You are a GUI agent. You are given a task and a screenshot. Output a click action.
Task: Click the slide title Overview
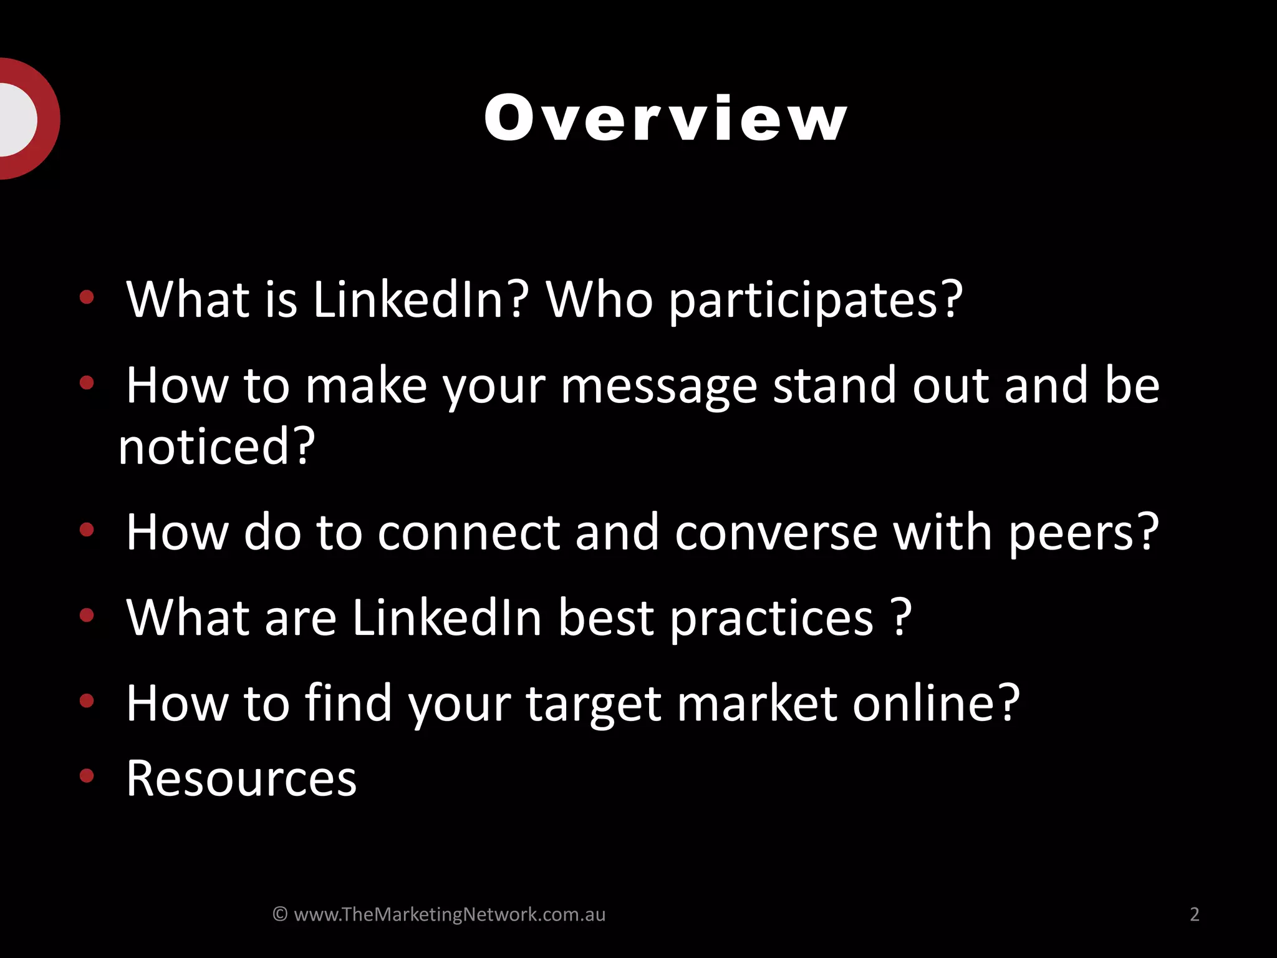pos(665,119)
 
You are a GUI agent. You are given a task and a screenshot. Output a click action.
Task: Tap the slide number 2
pos(1194,914)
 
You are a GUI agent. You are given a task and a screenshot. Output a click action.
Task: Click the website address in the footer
pos(450,914)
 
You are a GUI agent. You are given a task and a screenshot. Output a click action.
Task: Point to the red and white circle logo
pos(25,119)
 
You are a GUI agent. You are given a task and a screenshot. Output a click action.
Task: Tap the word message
pos(658,387)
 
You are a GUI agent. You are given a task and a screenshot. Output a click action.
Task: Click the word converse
pos(776,533)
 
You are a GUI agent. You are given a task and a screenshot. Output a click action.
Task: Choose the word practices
pos(772,619)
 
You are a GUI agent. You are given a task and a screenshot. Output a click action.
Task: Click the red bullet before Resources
pos(87,776)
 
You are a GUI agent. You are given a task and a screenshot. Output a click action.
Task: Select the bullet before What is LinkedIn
pos(87,297)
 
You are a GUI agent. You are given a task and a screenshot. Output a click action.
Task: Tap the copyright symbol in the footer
pos(280,914)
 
